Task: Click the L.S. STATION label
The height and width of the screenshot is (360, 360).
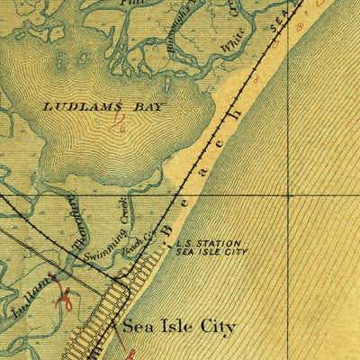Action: (x=208, y=243)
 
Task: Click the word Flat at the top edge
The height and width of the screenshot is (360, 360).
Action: (x=137, y=4)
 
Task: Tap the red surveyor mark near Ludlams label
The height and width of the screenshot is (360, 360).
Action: (x=65, y=297)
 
